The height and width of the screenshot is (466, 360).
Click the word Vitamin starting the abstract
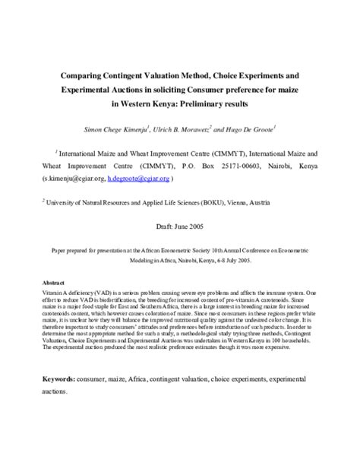pyautogui.click(x=53, y=293)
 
